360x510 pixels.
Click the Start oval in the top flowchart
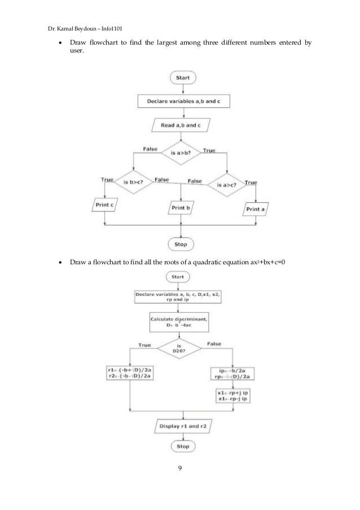tap(180, 77)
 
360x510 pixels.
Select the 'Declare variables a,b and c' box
tap(180, 102)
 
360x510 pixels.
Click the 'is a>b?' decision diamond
tap(180, 153)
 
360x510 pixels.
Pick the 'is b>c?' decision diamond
tap(132, 182)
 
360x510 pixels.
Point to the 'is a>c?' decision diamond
tap(226, 184)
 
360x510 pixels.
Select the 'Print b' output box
tap(180, 208)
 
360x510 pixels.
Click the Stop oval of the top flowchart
tap(180, 244)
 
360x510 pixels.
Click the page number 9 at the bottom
tap(179, 468)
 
